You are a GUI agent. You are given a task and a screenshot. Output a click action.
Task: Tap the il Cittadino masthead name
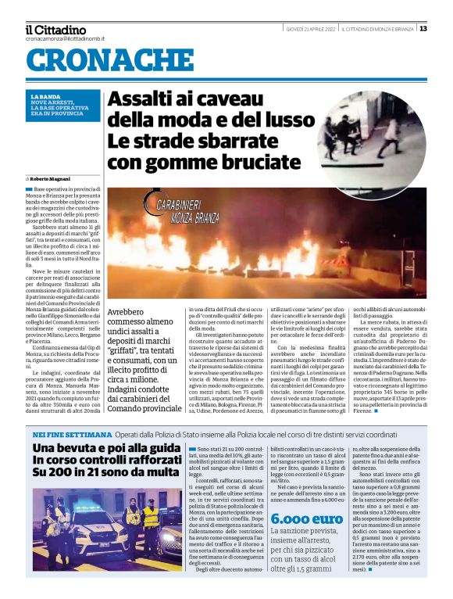(x=55, y=30)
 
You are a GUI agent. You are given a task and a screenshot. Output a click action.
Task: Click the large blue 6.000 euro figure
(x=307, y=518)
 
